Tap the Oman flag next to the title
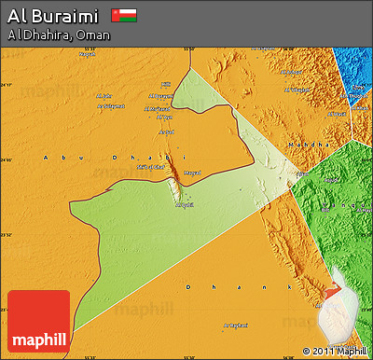123,16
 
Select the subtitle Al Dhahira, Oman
59,35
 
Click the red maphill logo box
38,321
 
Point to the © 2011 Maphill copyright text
335,352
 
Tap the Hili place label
167,84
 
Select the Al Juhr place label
103,97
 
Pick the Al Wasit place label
186,204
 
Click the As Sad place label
167,132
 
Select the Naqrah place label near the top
87,54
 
